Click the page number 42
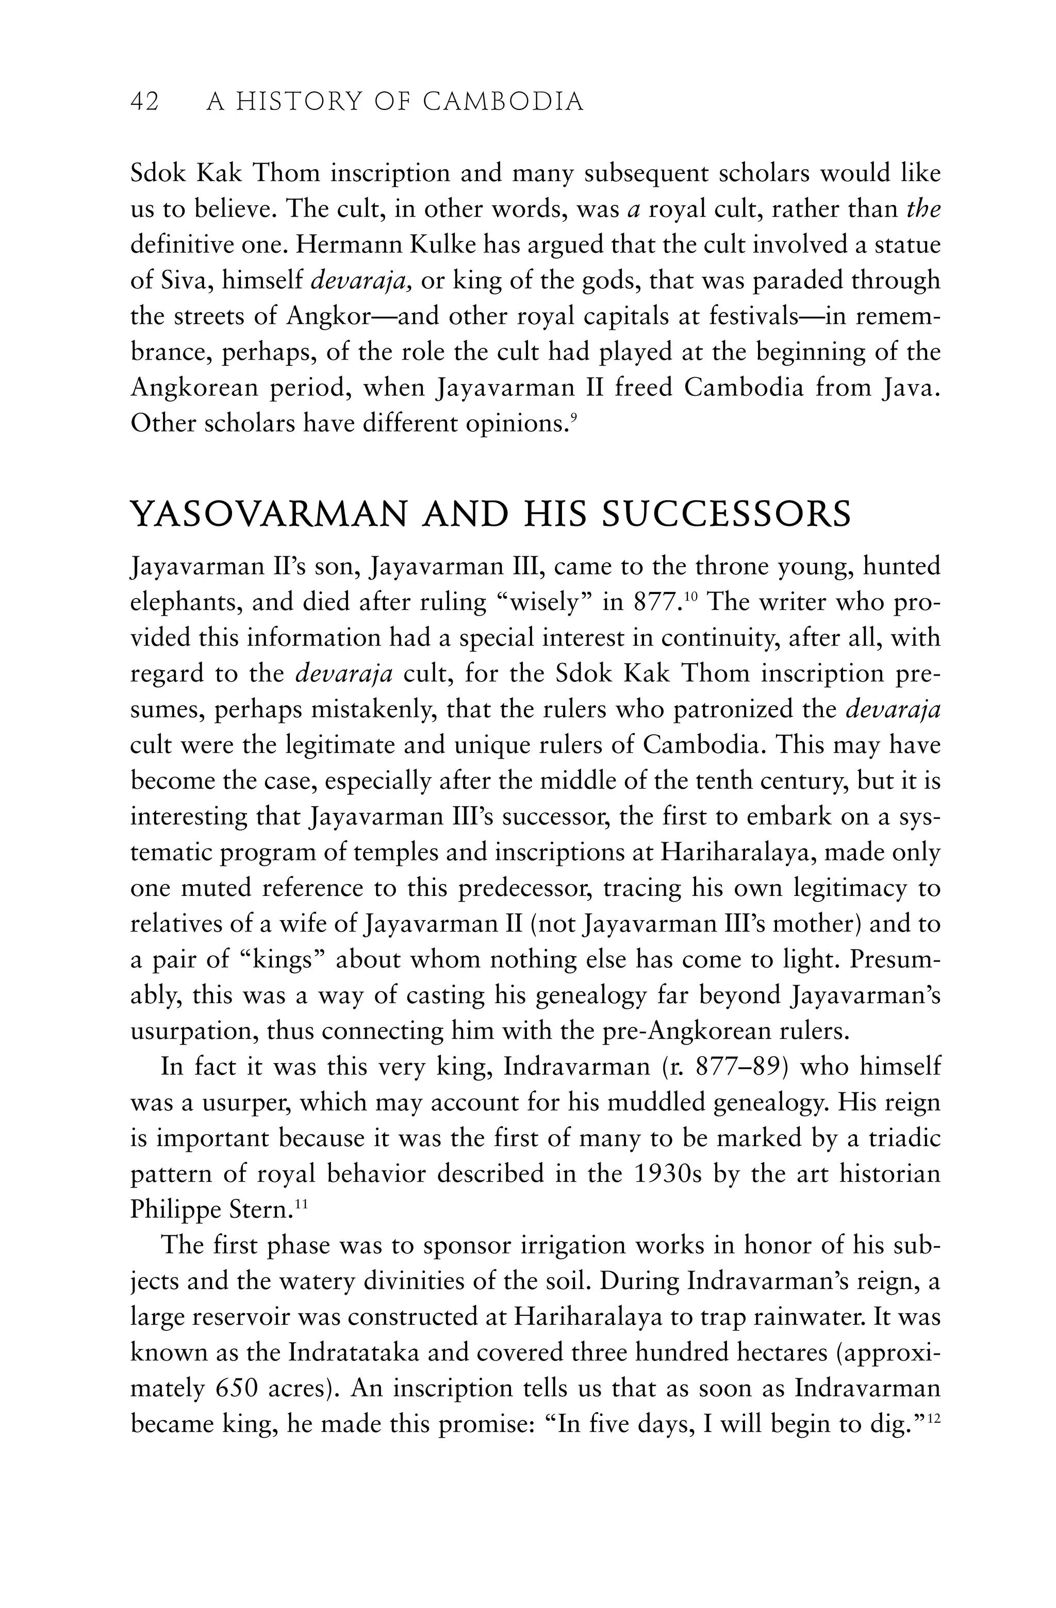pyautogui.click(x=144, y=102)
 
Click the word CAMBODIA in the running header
pyautogui.click(x=503, y=102)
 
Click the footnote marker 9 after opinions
pyautogui.click(x=573, y=418)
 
